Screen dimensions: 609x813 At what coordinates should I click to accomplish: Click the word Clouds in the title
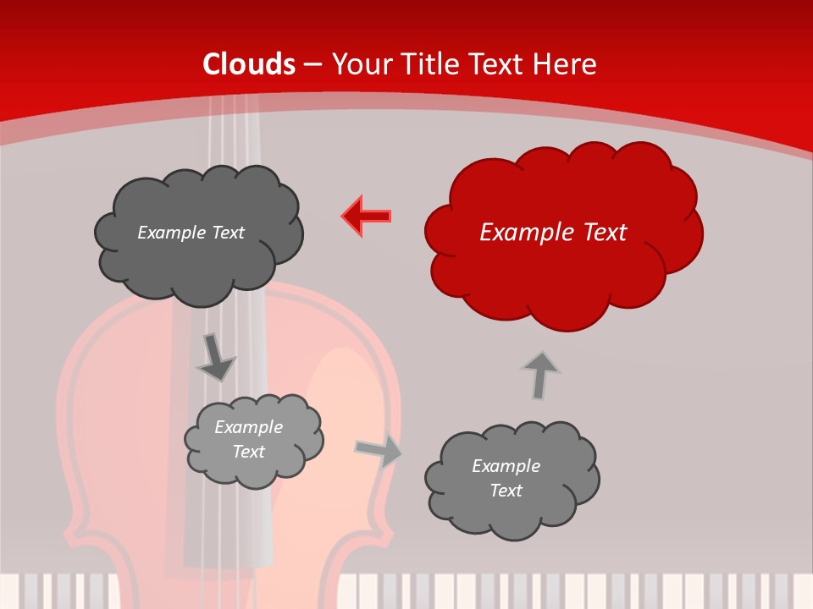tap(249, 64)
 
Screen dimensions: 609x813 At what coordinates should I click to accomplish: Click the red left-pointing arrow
tap(367, 216)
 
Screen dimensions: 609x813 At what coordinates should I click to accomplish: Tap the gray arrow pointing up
tap(539, 375)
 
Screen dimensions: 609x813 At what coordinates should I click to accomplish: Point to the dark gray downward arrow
tap(216, 357)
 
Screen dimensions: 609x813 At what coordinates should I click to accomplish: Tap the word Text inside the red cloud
tap(603, 233)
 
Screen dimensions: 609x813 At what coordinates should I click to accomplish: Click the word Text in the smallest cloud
tap(248, 452)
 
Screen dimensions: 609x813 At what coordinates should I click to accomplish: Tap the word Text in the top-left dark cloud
tap(228, 233)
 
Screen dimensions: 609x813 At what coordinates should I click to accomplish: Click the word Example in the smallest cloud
tap(248, 427)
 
